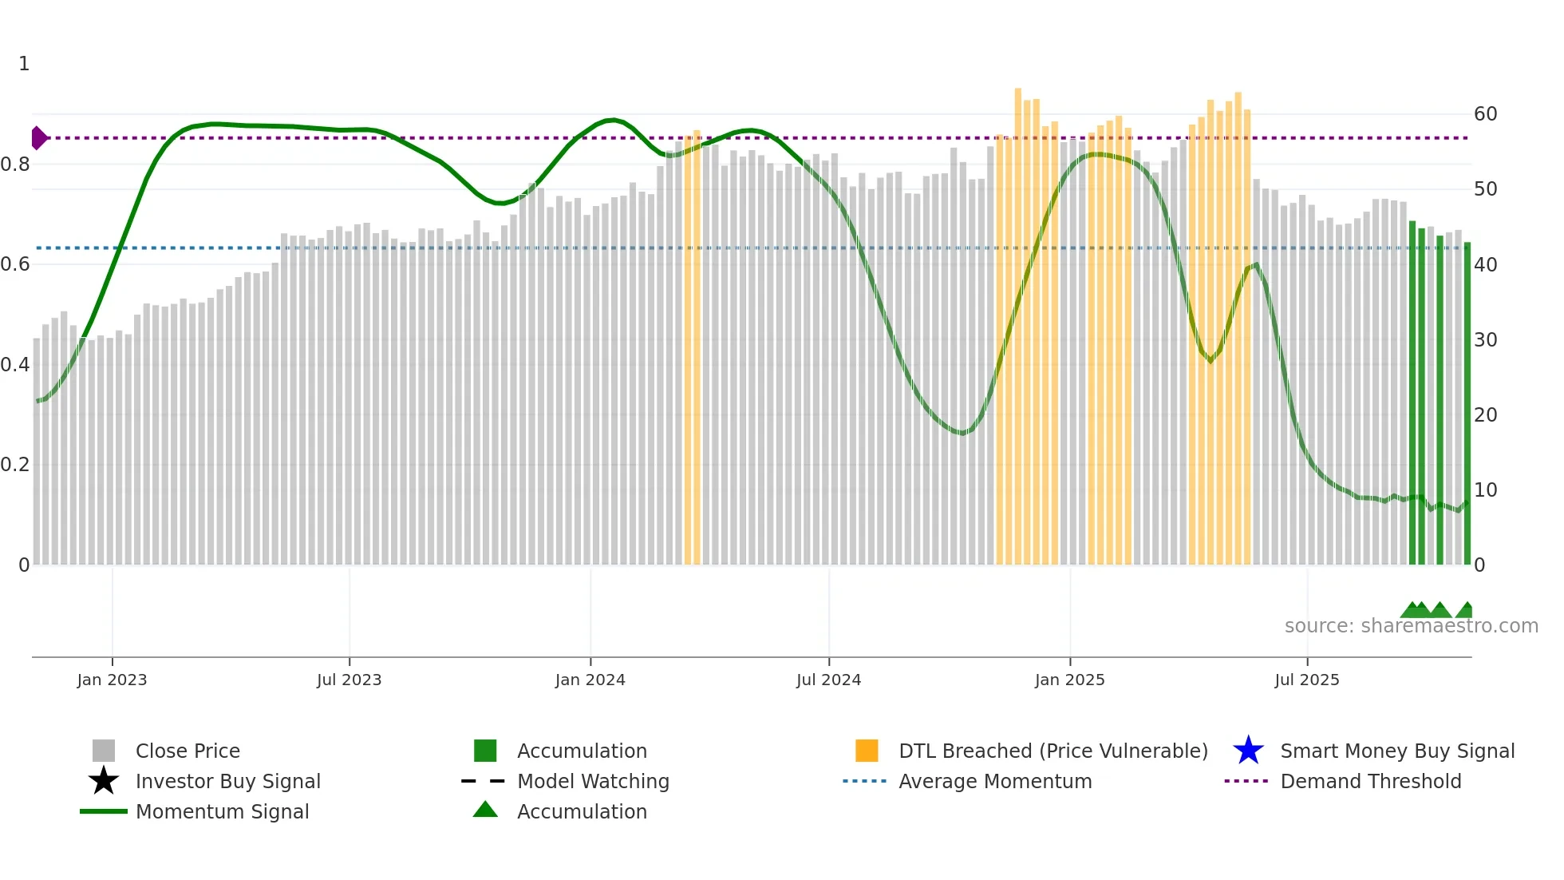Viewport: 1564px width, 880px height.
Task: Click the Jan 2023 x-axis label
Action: pyautogui.click(x=112, y=680)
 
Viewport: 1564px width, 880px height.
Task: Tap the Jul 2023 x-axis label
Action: pyautogui.click(x=349, y=680)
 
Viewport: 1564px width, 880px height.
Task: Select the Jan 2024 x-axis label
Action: pyautogui.click(x=590, y=680)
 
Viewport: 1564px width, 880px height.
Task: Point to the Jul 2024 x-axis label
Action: pyautogui.click(x=828, y=680)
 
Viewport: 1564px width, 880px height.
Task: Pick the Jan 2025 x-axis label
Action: pyautogui.click(x=1069, y=680)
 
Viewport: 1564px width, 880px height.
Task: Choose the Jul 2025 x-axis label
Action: pyautogui.click(x=1306, y=680)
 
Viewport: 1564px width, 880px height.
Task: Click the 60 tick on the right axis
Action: pyautogui.click(x=1485, y=114)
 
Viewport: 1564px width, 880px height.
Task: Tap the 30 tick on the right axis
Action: pyautogui.click(x=1485, y=340)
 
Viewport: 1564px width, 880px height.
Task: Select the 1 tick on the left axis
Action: pyautogui.click(x=24, y=64)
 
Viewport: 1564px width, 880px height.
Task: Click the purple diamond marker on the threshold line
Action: pyautogui.click(x=38, y=138)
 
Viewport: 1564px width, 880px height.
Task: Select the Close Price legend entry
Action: pyautogui.click(x=188, y=751)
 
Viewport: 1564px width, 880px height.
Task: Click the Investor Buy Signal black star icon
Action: pyautogui.click(x=104, y=781)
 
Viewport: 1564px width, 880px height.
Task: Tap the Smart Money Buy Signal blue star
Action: pyautogui.click(x=1248, y=751)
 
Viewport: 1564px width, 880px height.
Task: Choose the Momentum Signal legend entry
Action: pyautogui.click(x=222, y=811)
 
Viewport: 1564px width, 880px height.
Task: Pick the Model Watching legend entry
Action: pyautogui.click(x=593, y=781)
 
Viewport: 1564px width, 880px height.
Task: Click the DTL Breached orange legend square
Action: pyautogui.click(x=867, y=751)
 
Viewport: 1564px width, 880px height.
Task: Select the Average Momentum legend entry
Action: pyautogui.click(x=995, y=781)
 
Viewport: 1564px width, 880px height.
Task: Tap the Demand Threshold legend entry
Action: pyautogui.click(x=1370, y=781)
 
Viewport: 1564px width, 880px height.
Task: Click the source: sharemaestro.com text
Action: pyautogui.click(x=1411, y=626)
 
